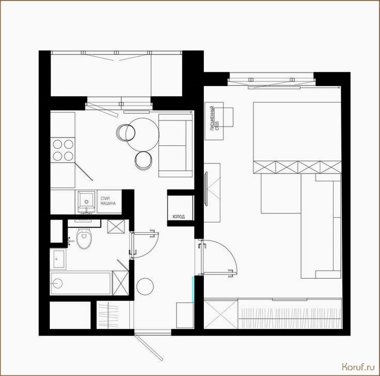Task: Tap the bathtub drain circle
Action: point(58,283)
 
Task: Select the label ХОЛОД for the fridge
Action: point(178,217)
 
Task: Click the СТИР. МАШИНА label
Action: point(108,201)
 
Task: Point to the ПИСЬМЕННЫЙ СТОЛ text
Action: point(215,118)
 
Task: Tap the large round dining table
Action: point(143,134)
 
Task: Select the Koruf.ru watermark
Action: point(358,367)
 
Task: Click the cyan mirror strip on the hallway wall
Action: point(193,289)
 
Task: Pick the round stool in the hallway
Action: point(145,286)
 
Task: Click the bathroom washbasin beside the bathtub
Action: point(58,259)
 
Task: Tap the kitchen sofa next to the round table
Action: point(176,145)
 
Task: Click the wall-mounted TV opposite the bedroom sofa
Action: point(206,189)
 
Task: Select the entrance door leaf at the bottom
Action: point(149,347)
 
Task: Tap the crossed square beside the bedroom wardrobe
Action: point(221,314)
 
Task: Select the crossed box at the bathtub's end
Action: point(120,283)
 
